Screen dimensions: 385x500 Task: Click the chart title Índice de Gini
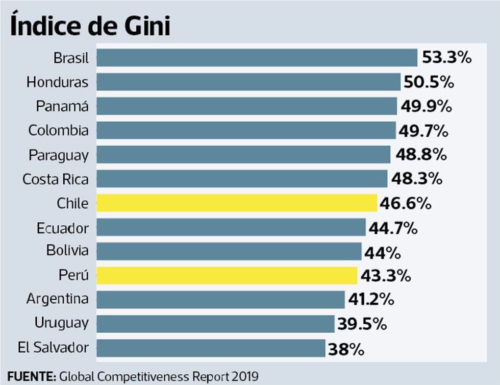90,26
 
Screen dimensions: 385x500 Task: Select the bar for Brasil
257,58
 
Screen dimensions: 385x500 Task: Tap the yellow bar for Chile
236,203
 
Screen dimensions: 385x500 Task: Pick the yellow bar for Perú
227,276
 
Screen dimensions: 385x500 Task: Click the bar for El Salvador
210,348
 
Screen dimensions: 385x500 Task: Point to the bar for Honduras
248,82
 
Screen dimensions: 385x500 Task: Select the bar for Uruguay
215,324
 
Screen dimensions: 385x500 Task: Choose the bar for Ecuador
231,227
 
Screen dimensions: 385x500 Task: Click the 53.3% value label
446,58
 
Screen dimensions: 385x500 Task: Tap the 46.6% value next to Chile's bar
406,204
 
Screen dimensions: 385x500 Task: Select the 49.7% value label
423,131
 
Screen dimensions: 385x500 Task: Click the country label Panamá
62,106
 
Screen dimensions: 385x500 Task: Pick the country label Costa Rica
56,179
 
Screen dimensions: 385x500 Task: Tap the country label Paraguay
59,155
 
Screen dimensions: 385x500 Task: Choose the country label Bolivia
67,251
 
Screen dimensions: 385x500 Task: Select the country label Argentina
58,299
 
